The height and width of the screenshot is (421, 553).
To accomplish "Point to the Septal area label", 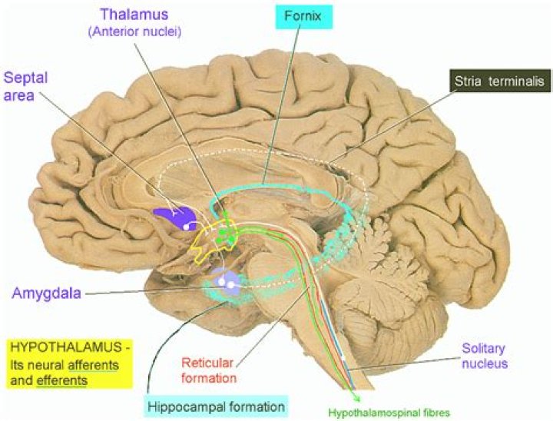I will coord(27,86).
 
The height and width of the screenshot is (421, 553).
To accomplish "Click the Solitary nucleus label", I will coord(484,354).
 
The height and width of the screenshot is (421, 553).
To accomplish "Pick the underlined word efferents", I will coord(65,379).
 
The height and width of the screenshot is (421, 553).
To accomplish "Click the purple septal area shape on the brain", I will coord(173,217).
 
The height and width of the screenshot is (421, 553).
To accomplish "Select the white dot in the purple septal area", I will coord(186,227).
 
